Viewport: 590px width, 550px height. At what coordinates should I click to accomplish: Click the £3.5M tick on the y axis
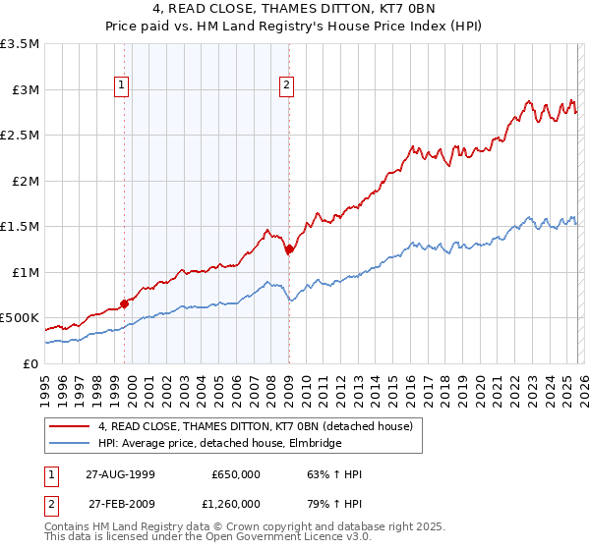(20, 44)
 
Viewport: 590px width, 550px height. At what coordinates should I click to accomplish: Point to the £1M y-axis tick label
(24, 272)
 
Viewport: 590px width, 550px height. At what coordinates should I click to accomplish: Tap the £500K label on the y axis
(20, 318)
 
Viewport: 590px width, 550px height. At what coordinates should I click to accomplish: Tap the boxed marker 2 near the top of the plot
(287, 85)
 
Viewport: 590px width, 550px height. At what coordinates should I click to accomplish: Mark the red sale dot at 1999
(125, 303)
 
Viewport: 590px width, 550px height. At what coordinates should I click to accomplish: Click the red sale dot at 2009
(289, 249)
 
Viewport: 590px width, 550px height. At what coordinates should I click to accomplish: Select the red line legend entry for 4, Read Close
(233, 426)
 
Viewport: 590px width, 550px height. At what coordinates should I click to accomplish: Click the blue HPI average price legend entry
(219, 443)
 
